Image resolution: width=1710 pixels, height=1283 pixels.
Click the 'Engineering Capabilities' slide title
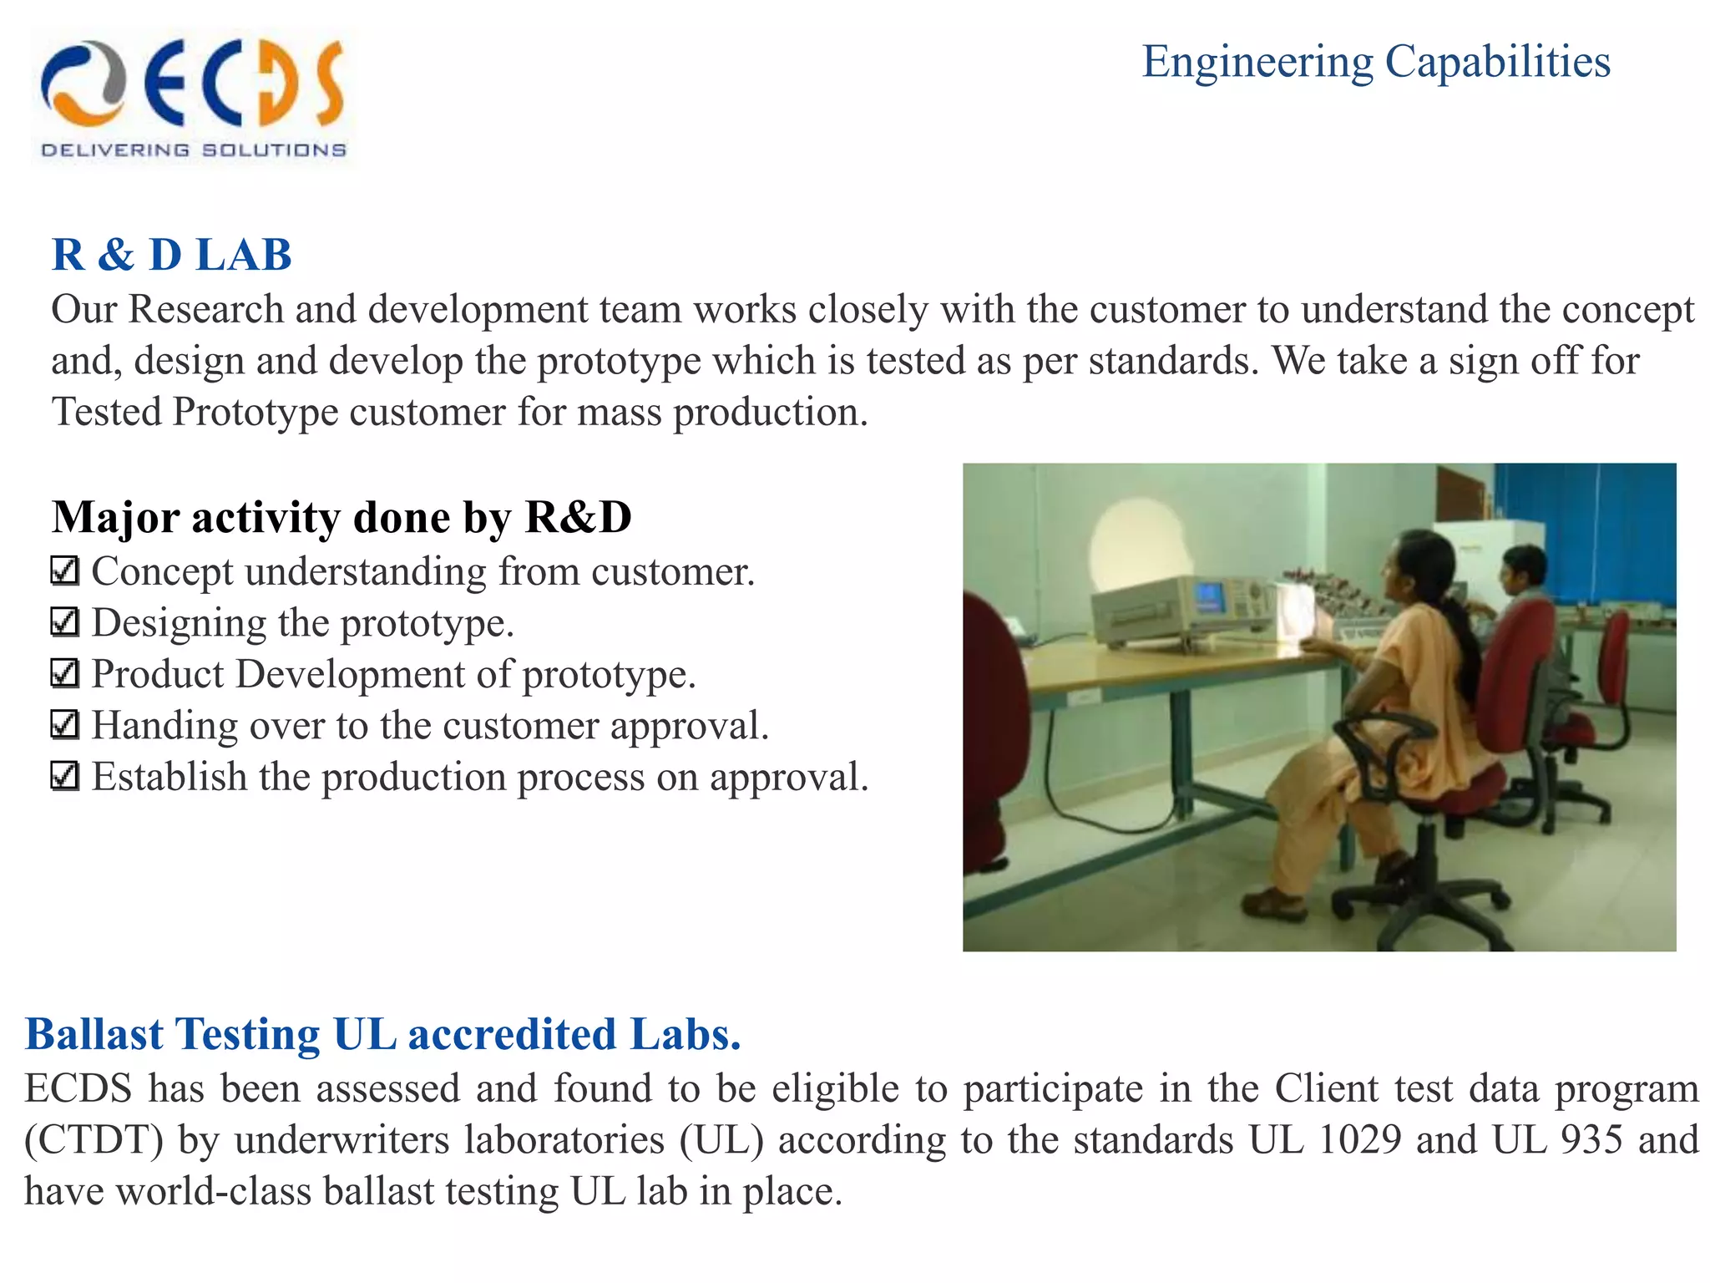click(1375, 62)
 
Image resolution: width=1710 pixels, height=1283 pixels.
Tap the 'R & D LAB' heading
click(171, 255)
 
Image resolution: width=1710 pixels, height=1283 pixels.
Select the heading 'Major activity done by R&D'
click(341, 517)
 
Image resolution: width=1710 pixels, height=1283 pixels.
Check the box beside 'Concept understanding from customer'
click(64, 571)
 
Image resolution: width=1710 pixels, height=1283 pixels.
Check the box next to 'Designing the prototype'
click(64, 622)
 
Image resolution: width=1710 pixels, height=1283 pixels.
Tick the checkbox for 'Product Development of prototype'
click(64, 673)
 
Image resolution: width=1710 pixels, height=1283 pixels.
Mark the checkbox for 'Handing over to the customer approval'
click(64, 725)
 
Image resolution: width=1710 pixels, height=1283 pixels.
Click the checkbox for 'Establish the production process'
click(64, 777)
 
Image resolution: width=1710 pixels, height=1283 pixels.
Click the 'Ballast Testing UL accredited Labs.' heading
click(382, 1034)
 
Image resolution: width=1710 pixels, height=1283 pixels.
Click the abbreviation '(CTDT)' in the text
click(94, 1140)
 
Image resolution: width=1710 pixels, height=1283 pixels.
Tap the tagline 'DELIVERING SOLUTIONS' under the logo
click(193, 150)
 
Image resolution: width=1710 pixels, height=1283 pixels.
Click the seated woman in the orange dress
click(1386, 710)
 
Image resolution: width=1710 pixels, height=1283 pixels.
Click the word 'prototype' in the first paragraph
click(619, 361)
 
